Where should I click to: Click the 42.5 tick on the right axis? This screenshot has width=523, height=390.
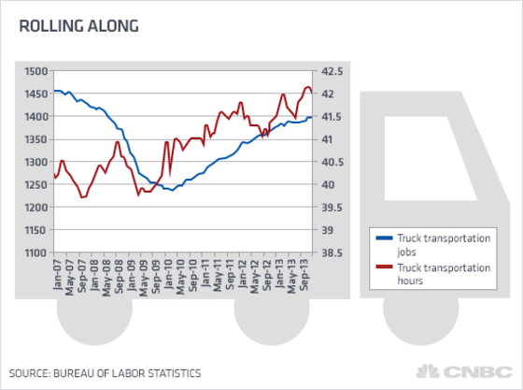click(x=332, y=71)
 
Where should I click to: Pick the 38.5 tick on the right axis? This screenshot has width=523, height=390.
click(x=332, y=253)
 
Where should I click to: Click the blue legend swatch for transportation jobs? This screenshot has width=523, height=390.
click(x=382, y=239)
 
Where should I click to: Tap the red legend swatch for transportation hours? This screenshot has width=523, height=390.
click(x=382, y=267)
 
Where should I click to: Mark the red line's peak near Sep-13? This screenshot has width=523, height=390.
click(x=307, y=87)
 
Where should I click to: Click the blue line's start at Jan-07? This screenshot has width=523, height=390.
click(x=54, y=91)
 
